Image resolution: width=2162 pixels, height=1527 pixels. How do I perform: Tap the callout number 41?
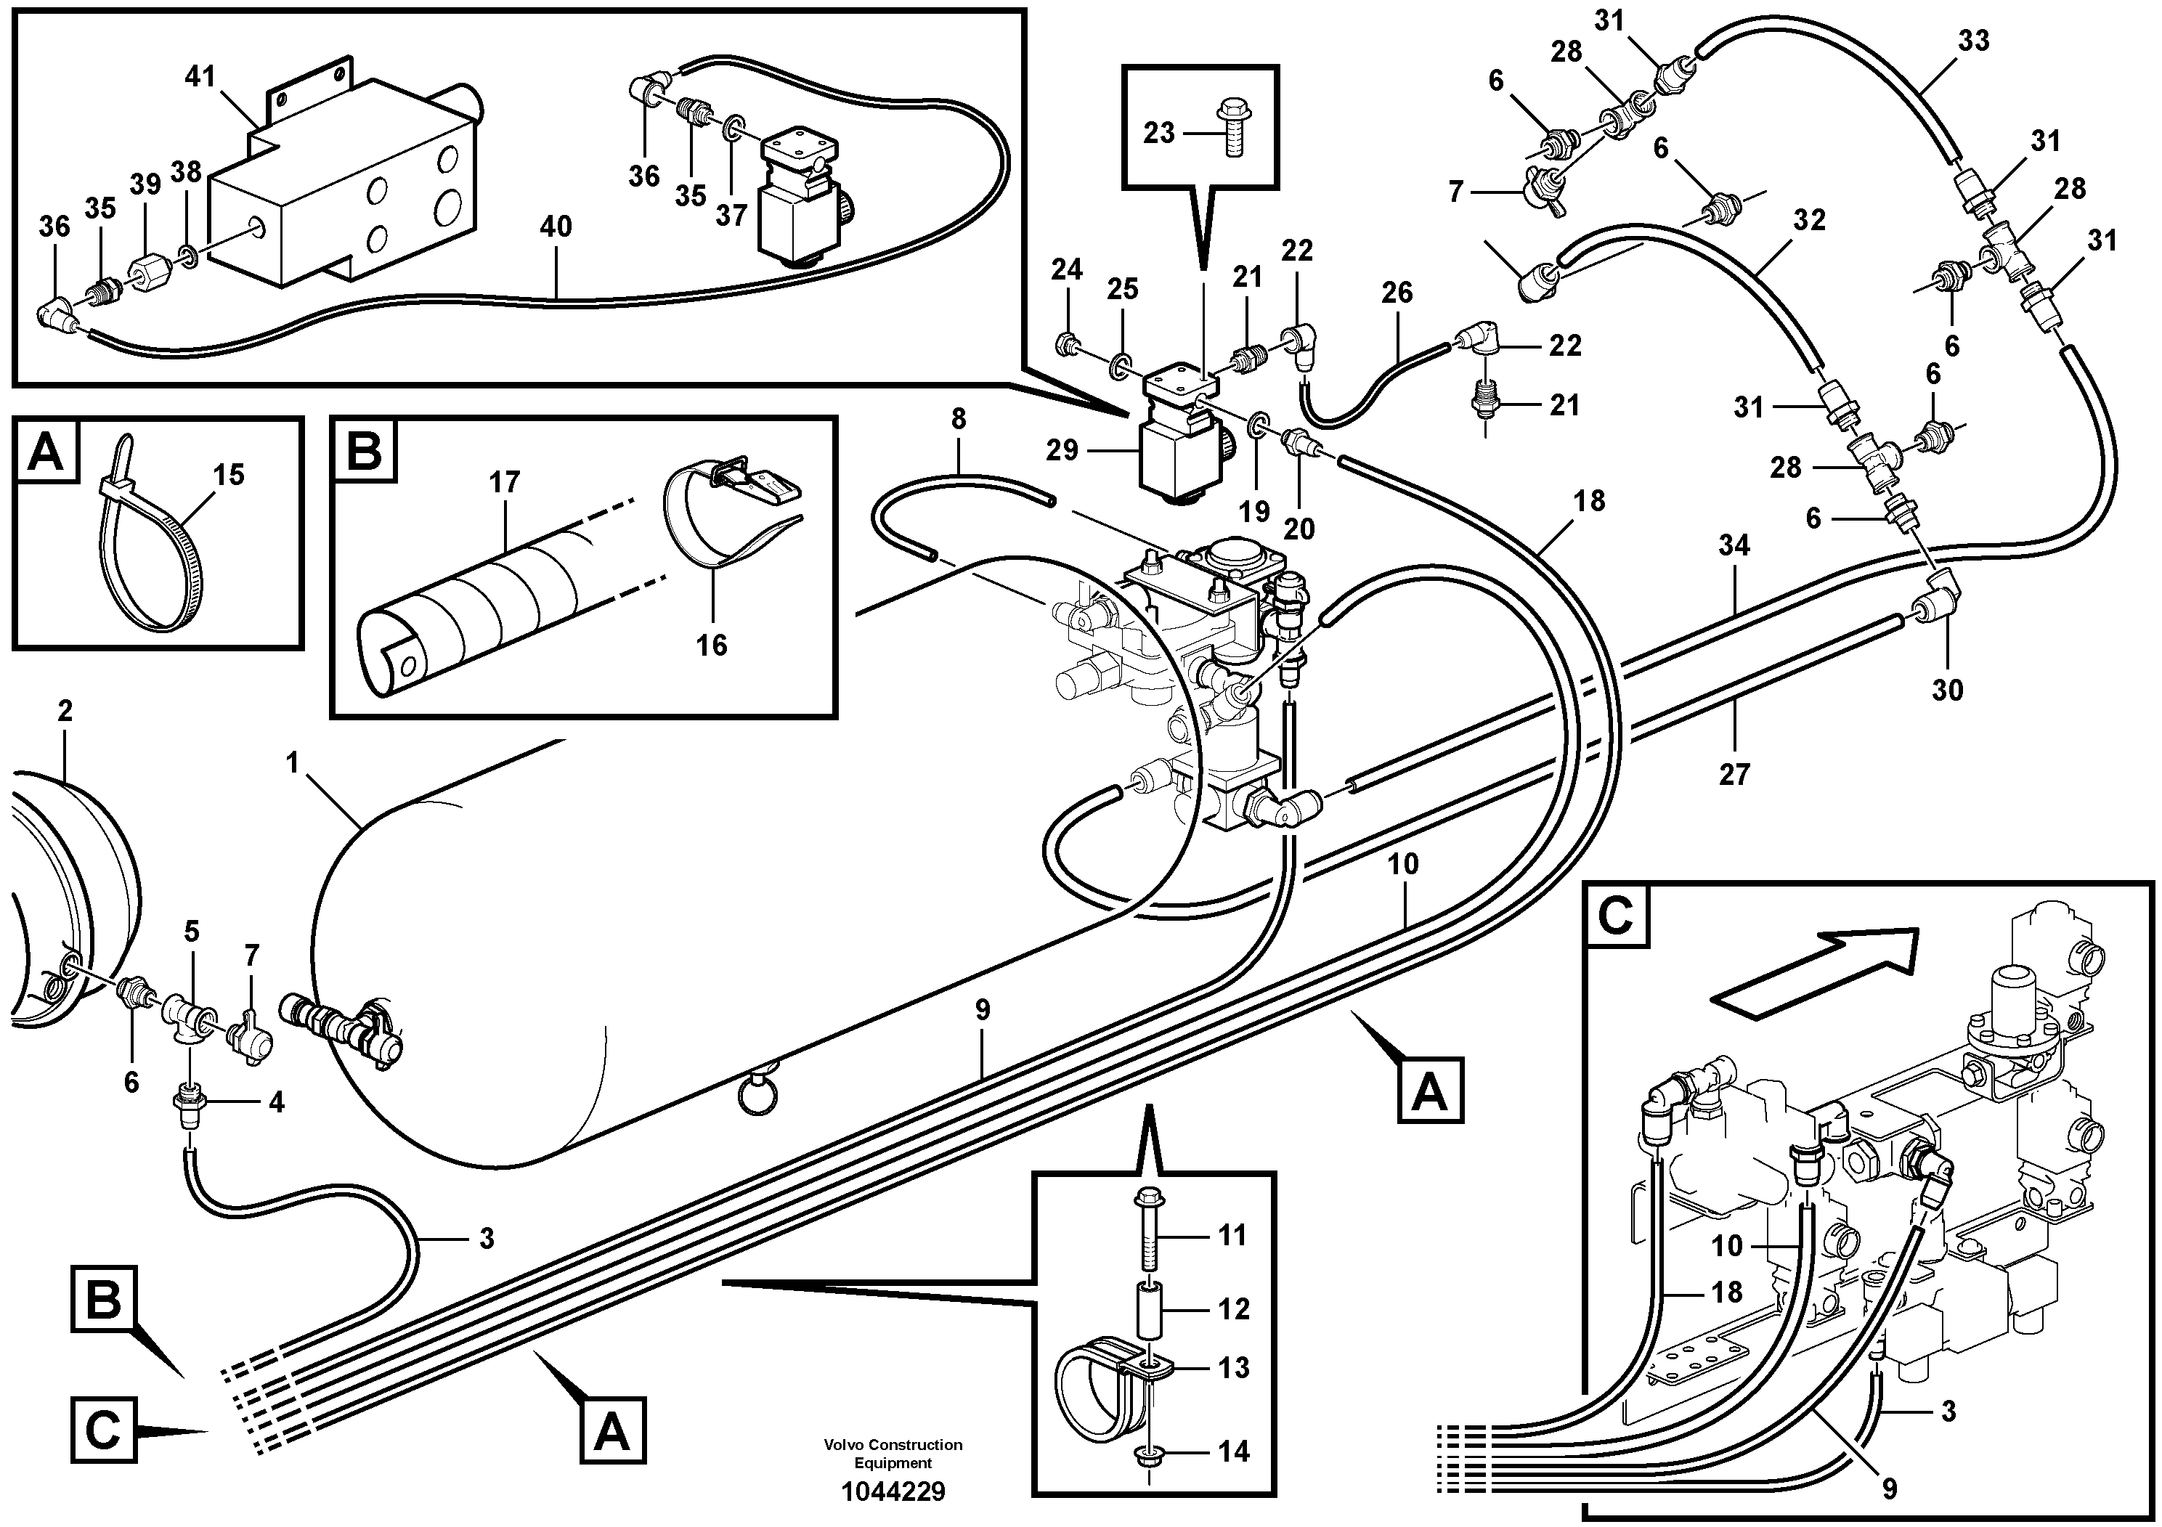[x=200, y=76]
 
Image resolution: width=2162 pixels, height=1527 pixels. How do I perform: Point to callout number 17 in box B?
[x=505, y=482]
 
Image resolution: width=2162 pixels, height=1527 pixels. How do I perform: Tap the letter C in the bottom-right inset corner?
[x=1616, y=916]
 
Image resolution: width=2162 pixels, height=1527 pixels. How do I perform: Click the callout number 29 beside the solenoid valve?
[x=1062, y=450]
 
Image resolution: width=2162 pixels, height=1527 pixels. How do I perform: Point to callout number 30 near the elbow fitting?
[x=1947, y=690]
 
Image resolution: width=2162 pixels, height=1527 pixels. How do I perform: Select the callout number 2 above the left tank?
[x=65, y=711]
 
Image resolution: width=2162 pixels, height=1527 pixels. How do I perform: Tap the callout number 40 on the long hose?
[x=556, y=227]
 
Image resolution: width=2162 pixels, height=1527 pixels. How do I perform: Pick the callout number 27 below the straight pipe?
[x=1734, y=775]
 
